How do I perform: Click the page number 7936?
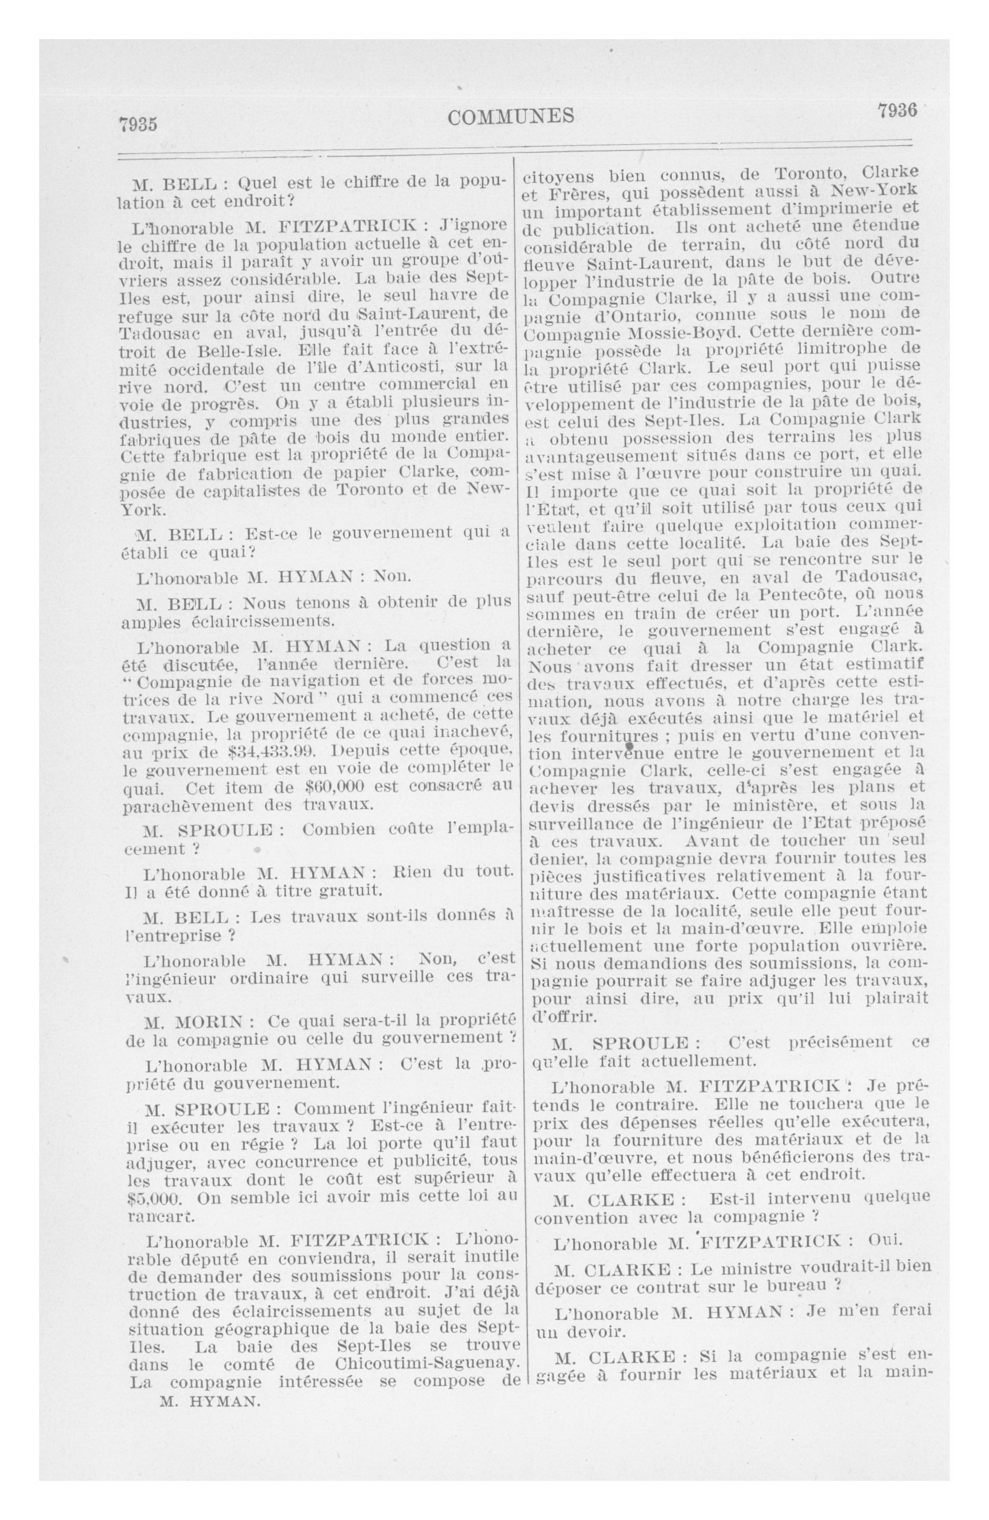(x=896, y=110)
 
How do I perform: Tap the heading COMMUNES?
(x=511, y=116)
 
